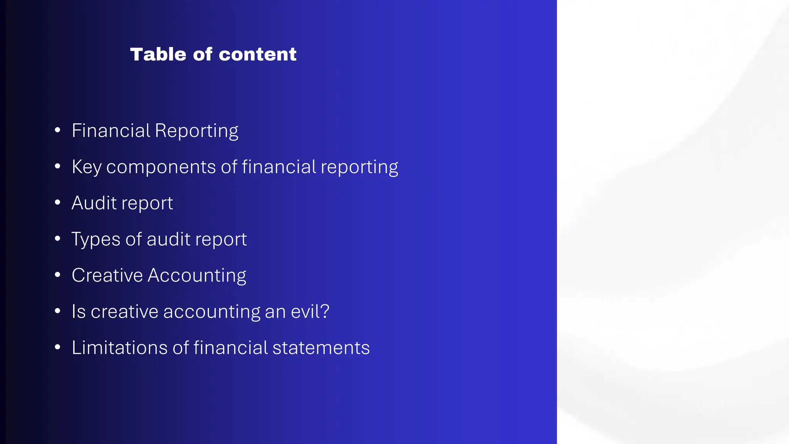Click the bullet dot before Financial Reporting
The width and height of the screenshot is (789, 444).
pos(57,130)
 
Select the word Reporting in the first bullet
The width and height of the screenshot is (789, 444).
pos(196,131)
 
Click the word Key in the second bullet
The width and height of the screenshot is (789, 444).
pos(86,167)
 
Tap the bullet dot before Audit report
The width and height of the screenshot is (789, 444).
pos(57,202)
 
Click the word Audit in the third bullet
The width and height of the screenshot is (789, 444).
pos(94,203)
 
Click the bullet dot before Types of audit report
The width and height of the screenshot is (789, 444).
pos(57,239)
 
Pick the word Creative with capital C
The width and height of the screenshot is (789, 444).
pos(107,275)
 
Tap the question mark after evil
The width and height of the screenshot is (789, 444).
pos(325,311)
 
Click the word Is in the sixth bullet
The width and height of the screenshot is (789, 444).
pos(79,311)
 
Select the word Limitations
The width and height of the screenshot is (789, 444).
pos(119,348)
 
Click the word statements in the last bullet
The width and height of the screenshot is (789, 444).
pos(321,348)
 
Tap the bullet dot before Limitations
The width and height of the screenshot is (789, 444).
pos(57,347)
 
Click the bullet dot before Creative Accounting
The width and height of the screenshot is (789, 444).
pos(57,275)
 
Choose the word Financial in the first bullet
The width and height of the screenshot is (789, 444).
pos(111,130)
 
